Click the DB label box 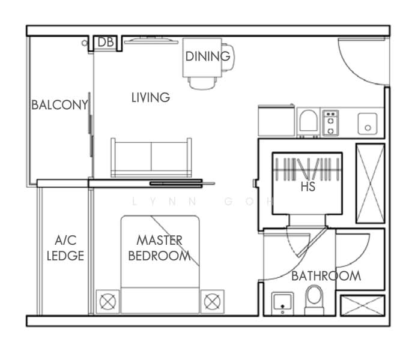pos(106,42)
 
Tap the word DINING pos(208,56)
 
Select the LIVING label pos(151,97)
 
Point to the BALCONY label pos(60,105)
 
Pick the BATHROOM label pos(326,276)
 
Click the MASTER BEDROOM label pos(159,248)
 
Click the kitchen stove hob pos(330,122)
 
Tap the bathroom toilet pos(313,300)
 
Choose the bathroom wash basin pos(281,302)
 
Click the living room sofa pos(151,157)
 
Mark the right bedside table pos(211,301)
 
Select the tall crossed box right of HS pos(369,183)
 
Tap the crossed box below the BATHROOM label pos(362,305)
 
